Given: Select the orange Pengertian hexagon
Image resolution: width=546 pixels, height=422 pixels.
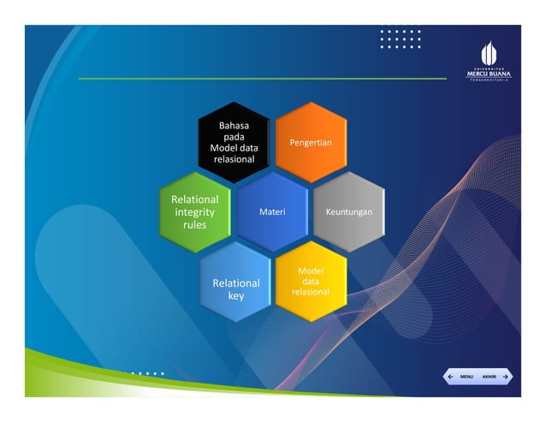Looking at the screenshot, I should coord(311,142).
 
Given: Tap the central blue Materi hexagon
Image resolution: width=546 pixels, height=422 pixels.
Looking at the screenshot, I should coord(272,211).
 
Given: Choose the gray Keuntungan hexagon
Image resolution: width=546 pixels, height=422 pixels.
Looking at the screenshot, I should coord(349,211).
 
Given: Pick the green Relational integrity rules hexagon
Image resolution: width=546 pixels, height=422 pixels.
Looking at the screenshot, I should coord(195,211).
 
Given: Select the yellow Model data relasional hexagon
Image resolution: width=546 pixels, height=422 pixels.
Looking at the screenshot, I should coord(311,282).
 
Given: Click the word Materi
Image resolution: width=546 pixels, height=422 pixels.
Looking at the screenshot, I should coord(272,211).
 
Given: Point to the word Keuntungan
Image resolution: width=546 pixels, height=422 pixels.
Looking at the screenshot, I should coord(349,211).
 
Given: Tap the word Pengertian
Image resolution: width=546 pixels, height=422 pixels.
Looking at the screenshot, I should coord(311,142).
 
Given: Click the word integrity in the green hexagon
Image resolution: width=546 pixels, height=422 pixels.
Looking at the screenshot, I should coord(195,211).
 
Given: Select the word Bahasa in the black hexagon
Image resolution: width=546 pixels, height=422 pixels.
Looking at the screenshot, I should coord(234,125).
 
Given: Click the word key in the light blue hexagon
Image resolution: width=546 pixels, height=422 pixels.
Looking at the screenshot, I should coord(235,296).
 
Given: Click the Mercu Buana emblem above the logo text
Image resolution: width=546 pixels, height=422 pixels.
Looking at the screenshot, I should coord(487,52).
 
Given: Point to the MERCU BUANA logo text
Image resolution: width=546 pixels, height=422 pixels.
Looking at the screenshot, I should coord(488,74).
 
